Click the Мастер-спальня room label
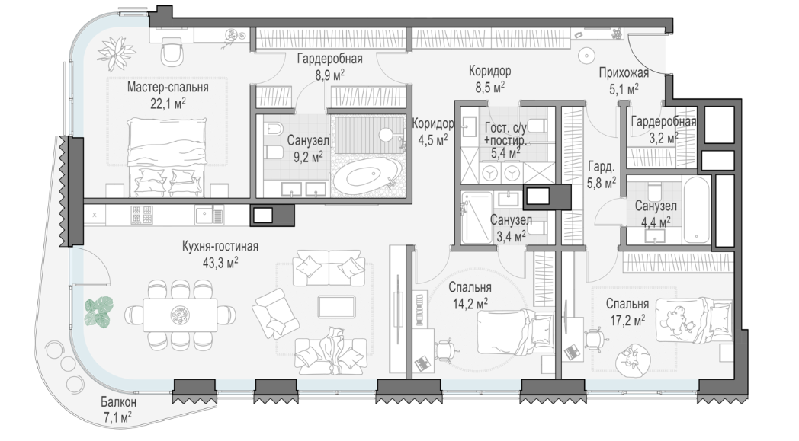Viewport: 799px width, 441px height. pyautogui.click(x=168, y=87)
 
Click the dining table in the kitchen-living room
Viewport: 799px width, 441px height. pyautogui.click(x=180, y=315)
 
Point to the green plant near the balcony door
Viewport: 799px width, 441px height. pyautogui.click(x=99, y=312)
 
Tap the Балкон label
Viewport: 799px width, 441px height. pyautogui.click(x=118, y=402)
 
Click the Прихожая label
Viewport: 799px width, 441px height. pyautogui.click(x=624, y=73)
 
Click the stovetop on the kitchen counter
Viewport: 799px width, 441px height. pyautogui.click(x=142, y=215)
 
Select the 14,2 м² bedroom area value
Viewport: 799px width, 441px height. pyautogui.click(x=470, y=305)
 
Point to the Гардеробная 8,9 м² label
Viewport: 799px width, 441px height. pyautogui.click(x=329, y=67)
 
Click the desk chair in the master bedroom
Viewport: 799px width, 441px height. pyautogui.click(x=172, y=52)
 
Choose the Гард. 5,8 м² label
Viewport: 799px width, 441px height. pyautogui.click(x=602, y=174)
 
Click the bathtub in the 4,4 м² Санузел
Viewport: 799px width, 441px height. pyautogui.click(x=696, y=210)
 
